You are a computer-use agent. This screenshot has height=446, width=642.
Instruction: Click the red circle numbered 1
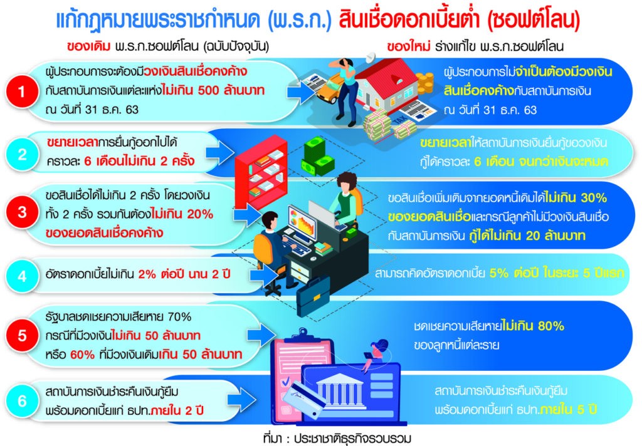pos(22,91)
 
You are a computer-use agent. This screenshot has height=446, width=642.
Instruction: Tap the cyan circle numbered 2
pos(22,155)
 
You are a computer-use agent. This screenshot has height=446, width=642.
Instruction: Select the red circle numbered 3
pos(22,212)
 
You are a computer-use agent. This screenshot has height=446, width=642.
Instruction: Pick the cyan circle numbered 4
pos(22,276)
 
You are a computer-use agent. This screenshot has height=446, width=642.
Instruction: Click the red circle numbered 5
pos(22,336)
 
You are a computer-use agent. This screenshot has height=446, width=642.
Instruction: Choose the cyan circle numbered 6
pos(22,401)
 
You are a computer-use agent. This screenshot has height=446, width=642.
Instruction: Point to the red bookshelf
pos(261,172)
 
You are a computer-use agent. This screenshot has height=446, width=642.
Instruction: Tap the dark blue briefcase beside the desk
pos(313,296)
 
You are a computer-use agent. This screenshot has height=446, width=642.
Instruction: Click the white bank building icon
pos(340,392)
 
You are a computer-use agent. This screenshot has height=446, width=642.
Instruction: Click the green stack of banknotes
pos(317,157)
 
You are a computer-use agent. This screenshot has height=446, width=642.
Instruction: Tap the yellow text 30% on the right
pos(594,198)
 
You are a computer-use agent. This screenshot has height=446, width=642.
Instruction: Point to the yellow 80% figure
pos(551,326)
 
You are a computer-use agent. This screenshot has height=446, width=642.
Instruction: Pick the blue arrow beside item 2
pos(219,153)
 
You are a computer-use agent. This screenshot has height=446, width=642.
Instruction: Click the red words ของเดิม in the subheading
pos(89,46)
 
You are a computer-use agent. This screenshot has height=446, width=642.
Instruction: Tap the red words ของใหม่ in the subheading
pos(409,46)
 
